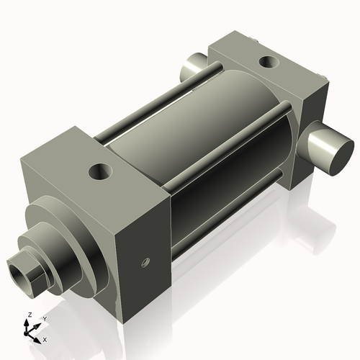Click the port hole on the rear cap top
[x=270, y=63]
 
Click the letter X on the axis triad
[x=45, y=338]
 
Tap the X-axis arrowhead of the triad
[x=38, y=336]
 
